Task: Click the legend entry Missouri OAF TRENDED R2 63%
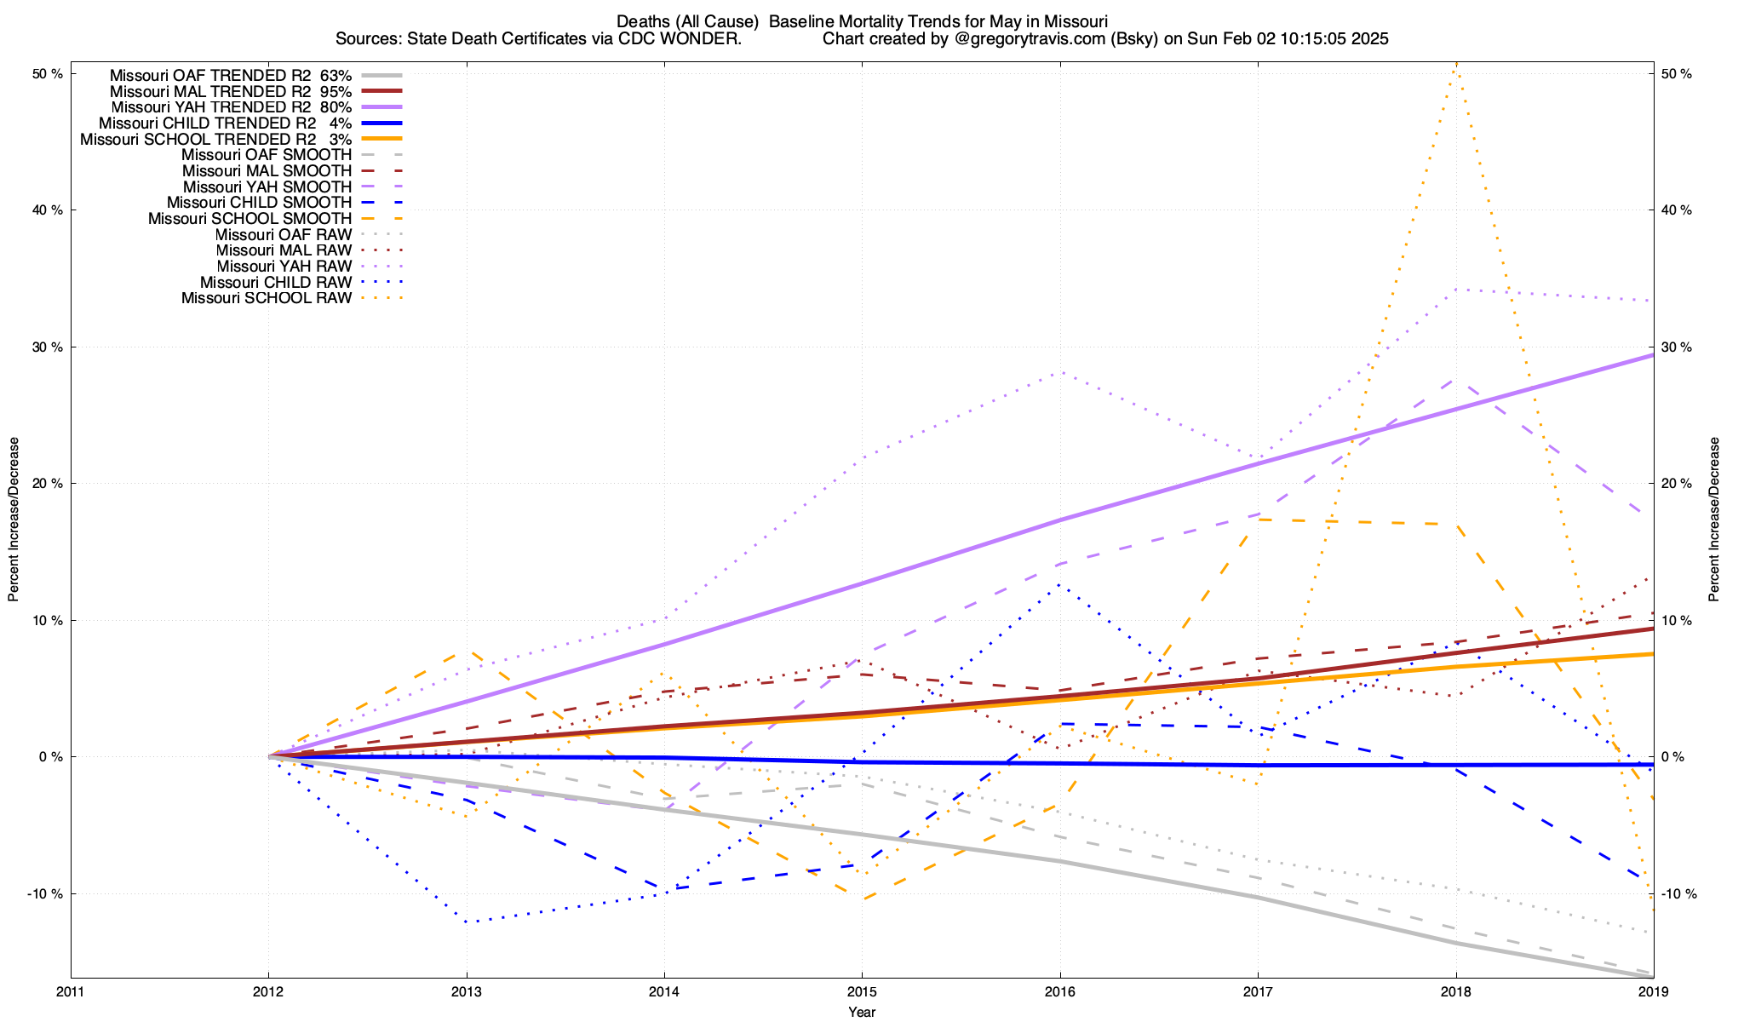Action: point(231,75)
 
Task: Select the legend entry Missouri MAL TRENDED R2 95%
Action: point(231,91)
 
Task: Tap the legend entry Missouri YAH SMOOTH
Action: point(267,187)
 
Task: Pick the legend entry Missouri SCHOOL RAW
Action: point(267,298)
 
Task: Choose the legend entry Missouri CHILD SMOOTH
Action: point(259,203)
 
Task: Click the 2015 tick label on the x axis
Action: point(862,991)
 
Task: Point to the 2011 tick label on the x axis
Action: point(71,991)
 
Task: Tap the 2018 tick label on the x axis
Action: point(1455,991)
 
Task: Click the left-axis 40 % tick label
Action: point(48,210)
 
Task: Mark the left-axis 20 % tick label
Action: point(48,484)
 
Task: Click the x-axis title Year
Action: point(862,1012)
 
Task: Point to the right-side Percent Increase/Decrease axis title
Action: point(1714,520)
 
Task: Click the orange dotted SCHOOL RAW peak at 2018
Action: point(1456,64)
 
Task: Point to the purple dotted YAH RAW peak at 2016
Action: point(1060,372)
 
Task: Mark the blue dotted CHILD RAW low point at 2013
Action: point(467,922)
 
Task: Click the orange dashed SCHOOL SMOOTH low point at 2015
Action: point(863,899)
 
